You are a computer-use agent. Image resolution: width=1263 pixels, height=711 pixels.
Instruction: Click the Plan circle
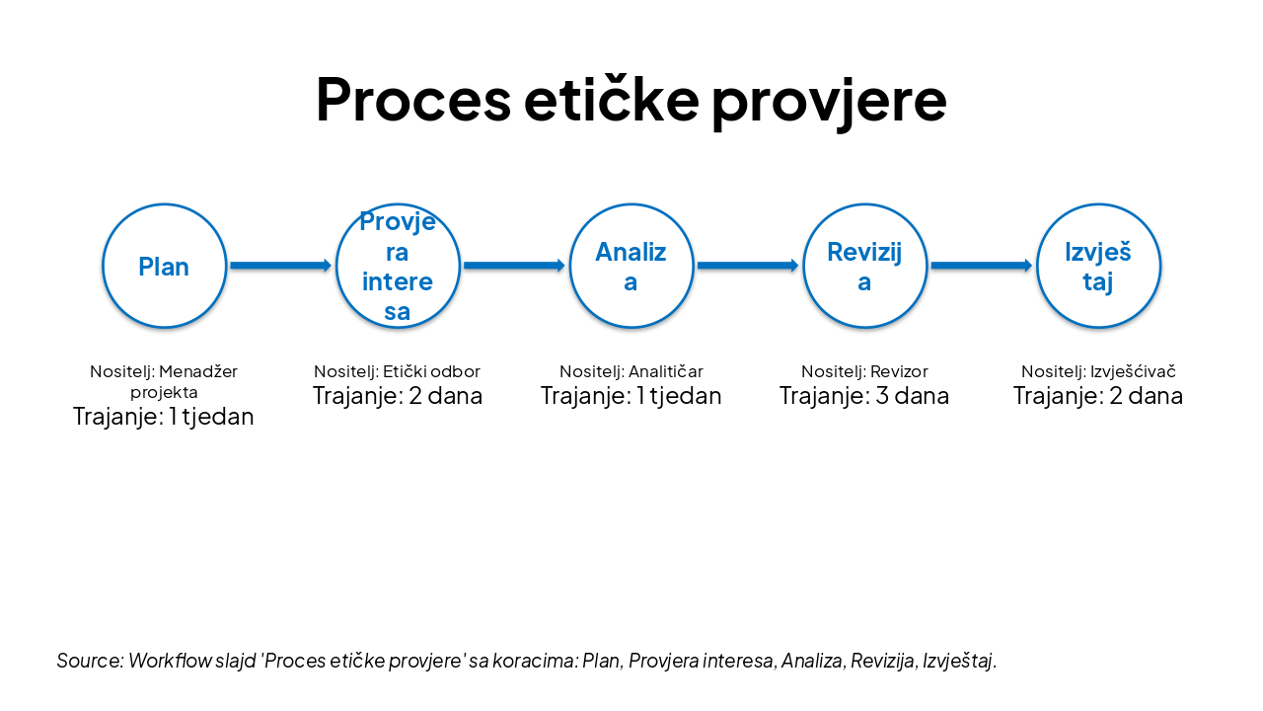(164, 266)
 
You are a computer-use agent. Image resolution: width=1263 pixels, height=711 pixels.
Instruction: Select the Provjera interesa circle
(398, 266)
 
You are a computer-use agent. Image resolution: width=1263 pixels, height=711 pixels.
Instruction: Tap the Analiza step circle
(631, 266)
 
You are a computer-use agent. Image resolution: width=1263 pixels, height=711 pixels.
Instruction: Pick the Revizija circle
(864, 266)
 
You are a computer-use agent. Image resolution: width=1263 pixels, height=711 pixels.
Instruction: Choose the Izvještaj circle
(1098, 266)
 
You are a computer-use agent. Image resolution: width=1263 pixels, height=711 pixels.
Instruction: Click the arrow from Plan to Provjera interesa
(280, 266)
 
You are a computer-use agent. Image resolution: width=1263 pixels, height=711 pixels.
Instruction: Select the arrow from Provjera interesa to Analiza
(514, 266)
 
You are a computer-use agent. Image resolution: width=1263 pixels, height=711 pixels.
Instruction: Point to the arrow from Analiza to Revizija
(747, 266)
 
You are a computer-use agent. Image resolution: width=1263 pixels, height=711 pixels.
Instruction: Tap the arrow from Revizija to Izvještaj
(981, 266)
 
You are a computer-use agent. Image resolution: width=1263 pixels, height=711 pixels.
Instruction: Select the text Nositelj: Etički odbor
(398, 371)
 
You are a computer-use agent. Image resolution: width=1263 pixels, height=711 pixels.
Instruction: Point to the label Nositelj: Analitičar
(631, 371)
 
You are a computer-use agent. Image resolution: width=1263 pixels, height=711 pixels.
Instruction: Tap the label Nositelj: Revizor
(864, 371)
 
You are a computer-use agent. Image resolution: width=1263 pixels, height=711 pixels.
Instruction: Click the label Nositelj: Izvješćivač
(1098, 371)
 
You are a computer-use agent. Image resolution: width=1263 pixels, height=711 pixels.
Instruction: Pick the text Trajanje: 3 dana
(864, 396)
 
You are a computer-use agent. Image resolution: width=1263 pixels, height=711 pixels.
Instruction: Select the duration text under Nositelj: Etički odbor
(398, 396)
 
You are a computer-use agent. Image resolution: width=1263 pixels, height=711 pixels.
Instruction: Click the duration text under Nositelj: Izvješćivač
(1098, 396)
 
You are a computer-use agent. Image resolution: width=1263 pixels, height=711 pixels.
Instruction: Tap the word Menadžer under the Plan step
(198, 371)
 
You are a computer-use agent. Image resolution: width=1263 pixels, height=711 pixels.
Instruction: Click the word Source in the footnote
(89, 660)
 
